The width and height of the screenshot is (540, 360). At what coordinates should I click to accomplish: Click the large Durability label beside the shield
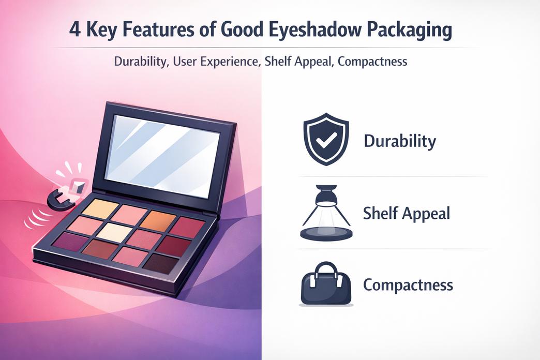tap(400, 141)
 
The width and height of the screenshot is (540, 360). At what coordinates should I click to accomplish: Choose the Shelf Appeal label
tap(407, 213)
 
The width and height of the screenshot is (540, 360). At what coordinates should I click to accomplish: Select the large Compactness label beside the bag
tap(408, 284)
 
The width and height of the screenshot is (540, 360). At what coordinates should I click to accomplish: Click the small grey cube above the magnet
tap(78, 187)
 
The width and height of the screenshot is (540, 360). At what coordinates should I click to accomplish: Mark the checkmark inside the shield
tap(325, 140)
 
